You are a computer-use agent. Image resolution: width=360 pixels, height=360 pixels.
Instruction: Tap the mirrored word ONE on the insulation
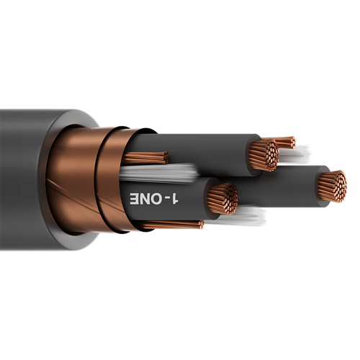click(148, 198)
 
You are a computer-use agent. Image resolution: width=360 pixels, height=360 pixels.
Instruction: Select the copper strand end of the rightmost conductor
click(332, 186)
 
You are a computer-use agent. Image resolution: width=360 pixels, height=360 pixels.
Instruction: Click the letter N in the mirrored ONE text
click(148, 198)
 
